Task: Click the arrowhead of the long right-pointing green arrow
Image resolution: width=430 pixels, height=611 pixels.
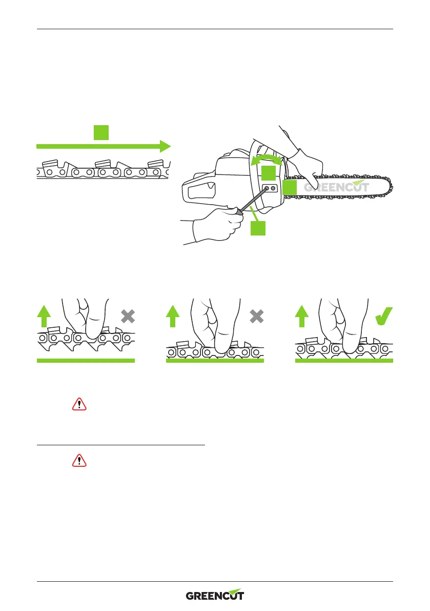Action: pos(164,146)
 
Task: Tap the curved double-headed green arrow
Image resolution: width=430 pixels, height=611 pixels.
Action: pos(266,158)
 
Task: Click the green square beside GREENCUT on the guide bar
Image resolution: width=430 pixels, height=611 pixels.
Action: pos(290,188)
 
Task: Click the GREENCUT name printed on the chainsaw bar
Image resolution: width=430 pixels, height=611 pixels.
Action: pos(336,187)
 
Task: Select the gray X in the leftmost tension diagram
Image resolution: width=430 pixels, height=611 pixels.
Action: pos(128,317)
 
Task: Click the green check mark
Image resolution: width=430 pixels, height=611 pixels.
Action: pos(384,316)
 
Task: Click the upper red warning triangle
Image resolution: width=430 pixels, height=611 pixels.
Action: pos(79,404)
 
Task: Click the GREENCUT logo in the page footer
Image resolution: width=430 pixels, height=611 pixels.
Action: pos(215,595)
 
